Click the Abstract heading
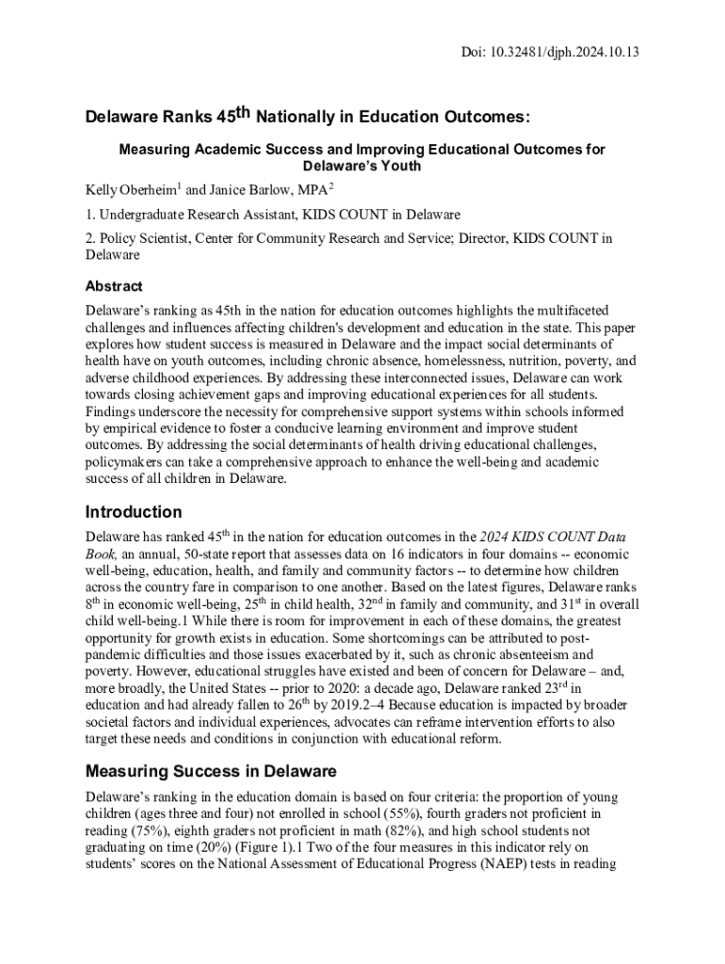[114, 286]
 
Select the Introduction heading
[134, 512]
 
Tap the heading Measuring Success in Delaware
[211, 772]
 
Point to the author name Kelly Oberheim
[126, 190]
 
